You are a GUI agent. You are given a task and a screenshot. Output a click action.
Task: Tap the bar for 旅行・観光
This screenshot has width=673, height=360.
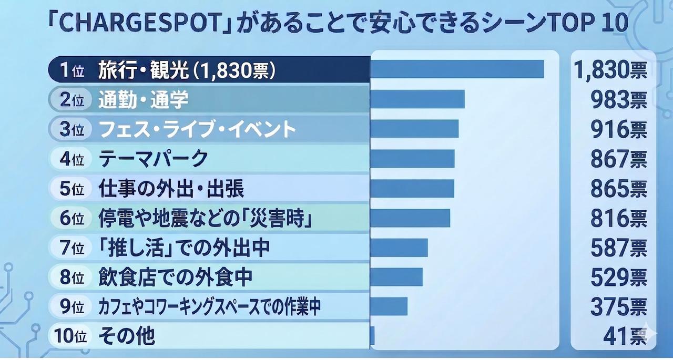(x=457, y=69)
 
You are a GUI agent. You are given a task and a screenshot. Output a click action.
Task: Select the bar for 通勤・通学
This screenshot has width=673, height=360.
(x=417, y=99)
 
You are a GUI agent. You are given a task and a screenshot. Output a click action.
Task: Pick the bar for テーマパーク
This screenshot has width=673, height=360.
(x=412, y=159)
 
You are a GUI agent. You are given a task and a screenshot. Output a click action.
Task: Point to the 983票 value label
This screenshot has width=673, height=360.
(x=619, y=100)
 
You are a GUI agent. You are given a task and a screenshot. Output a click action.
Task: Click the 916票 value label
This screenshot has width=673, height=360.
(x=619, y=129)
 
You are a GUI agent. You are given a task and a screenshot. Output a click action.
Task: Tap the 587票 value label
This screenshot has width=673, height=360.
(x=619, y=248)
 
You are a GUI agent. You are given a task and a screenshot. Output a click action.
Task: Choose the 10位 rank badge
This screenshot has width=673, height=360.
(x=70, y=335)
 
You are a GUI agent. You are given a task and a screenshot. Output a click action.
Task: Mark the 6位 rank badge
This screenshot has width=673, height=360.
(x=72, y=218)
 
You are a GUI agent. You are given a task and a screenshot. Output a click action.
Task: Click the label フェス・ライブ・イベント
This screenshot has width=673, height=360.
(x=197, y=129)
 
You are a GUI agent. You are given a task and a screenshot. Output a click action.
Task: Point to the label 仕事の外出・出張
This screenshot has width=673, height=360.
(x=171, y=188)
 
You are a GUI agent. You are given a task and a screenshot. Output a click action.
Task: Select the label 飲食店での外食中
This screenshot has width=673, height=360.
(x=176, y=277)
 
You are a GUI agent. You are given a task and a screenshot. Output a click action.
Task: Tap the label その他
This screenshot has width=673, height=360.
(x=127, y=335)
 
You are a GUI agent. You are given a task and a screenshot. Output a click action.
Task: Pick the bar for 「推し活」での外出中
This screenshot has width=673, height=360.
(x=399, y=248)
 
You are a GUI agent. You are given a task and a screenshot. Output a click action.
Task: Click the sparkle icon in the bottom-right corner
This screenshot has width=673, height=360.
(x=649, y=333)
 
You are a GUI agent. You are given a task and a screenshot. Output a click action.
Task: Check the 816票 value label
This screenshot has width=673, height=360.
(x=619, y=218)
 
